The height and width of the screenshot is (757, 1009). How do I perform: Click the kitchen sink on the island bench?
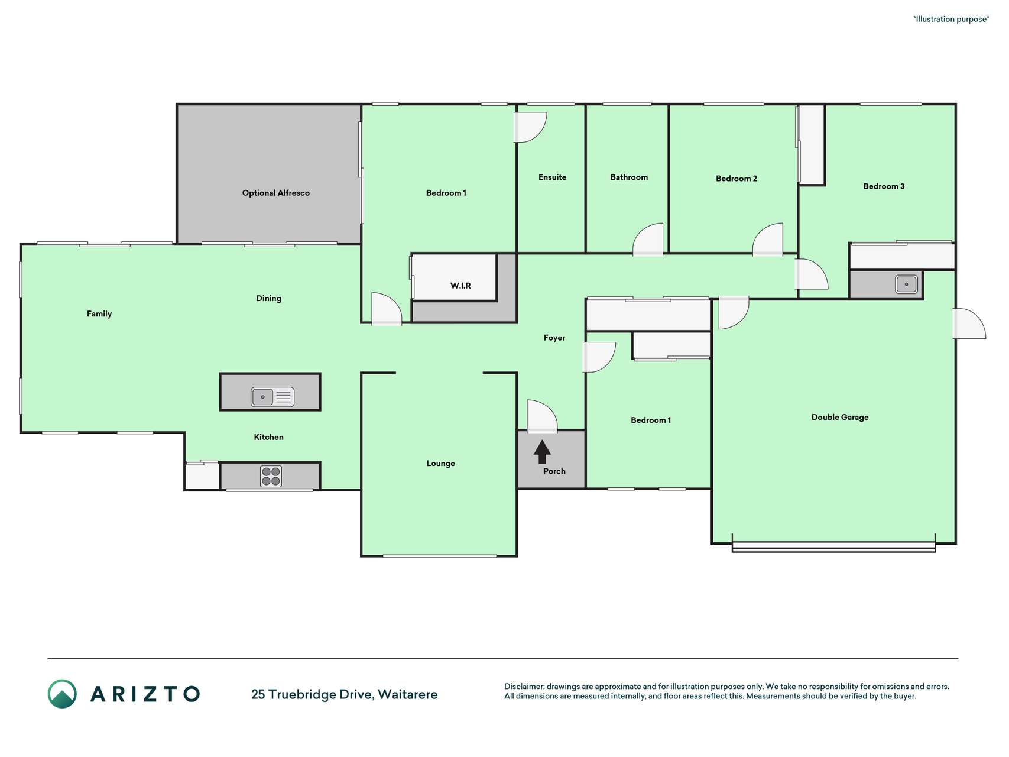(272, 396)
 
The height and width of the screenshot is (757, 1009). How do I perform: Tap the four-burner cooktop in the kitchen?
(271, 476)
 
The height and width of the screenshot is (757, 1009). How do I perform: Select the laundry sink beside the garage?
(906, 284)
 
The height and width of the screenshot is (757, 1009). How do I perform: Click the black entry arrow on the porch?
(542, 452)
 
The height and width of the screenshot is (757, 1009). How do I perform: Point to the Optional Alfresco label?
(275, 193)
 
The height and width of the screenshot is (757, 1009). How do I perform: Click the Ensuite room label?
(552, 177)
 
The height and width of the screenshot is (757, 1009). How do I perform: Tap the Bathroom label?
(629, 177)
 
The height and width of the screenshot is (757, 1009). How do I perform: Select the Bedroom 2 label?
(736, 178)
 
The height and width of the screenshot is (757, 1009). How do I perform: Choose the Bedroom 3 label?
(884, 186)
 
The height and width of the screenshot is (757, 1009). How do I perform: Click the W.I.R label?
(460, 286)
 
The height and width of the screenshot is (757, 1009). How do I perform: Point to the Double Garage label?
(840, 417)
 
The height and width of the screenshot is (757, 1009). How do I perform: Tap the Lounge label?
(440, 463)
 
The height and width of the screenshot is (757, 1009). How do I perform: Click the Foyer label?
(554, 338)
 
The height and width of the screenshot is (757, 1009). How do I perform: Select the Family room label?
(99, 313)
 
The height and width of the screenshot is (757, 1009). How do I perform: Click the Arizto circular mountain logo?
(62, 694)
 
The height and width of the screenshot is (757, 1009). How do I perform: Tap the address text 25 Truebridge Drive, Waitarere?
(345, 694)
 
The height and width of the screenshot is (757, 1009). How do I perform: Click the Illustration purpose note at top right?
(951, 19)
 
